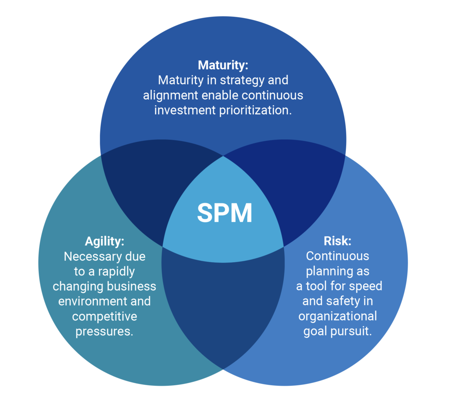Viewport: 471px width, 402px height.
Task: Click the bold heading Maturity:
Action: [223, 65]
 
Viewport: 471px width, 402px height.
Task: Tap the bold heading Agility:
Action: [104, 241]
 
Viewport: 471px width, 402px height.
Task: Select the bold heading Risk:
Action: [337, 241]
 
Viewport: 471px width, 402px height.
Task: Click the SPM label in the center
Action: [224, 213]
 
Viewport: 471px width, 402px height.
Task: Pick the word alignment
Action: [170, 95]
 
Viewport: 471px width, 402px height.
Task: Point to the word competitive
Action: [104, 316]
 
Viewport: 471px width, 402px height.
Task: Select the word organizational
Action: [338, 316]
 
